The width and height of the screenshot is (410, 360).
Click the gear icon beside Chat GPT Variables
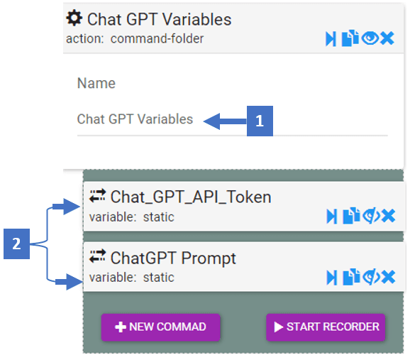point(74,18)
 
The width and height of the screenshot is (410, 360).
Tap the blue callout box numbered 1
point(260,121)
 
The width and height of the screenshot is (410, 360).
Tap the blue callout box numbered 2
point(16,244)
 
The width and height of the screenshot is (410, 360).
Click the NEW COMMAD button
point(160,327)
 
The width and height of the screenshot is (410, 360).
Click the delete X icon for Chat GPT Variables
point(387,38)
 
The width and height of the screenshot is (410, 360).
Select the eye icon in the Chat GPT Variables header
point(370,38)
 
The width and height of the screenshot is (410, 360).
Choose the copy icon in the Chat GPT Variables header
point(350,38)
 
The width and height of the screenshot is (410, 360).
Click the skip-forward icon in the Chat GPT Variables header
point(331,39)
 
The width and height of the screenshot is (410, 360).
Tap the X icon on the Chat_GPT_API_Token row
point(388,216)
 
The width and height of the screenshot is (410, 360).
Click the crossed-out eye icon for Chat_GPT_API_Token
point(371,216)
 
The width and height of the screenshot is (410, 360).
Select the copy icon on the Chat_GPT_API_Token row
point(351,216)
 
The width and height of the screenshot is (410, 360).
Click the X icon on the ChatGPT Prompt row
point(388,277)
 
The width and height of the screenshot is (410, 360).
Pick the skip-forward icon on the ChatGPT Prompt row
point(332,278)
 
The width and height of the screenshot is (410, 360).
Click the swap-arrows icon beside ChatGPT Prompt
point(97,256)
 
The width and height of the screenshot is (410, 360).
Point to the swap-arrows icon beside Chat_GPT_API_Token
point(97,196)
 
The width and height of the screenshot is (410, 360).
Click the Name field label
point(96,84)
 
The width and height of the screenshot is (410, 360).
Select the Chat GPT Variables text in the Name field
point(135,119)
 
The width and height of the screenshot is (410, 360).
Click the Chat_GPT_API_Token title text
point(191,197)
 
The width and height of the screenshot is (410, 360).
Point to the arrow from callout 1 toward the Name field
point(225,121)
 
